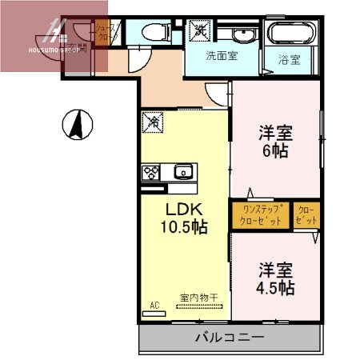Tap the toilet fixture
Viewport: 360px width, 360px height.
[x=151, y=33]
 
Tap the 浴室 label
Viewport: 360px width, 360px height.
[x=290, y=58]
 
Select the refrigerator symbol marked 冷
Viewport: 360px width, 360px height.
[x=152, y=122]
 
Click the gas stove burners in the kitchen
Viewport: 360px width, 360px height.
[x=150, y=171]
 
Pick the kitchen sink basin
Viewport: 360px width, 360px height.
[x=182, y=170]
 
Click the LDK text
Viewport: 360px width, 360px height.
[x=184, y=209]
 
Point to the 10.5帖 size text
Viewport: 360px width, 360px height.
[x=185, y=226]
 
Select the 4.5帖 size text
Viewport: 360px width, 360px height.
[x=274, y=286]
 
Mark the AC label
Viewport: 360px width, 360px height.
[x=154, y=305]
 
